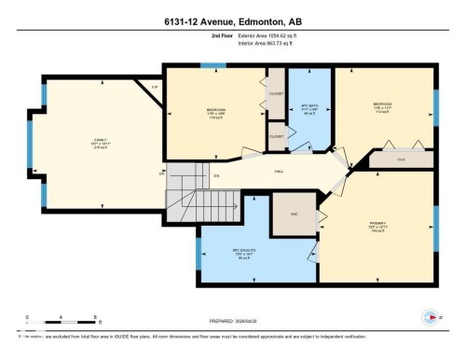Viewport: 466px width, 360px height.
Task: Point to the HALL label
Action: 279,172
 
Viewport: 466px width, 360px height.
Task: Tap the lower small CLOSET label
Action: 276,136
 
